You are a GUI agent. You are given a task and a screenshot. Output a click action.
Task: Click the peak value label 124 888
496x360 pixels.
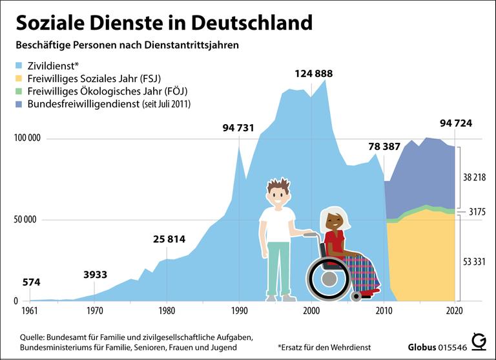[x=314, y=74]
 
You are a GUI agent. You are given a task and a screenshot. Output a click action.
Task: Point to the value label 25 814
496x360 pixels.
[x=169, y=239]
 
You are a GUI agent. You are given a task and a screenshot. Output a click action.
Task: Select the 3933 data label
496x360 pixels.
[x=96, y=275]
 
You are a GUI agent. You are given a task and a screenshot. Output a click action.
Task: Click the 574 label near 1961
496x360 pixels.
[x=32, y=282]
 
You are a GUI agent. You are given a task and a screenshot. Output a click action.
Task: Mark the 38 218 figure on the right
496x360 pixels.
[x=475, y=177]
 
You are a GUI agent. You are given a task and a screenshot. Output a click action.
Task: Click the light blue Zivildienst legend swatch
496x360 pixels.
[x=19, y=65]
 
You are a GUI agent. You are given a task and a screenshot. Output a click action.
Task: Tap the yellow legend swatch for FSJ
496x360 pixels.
[x=19, y=78]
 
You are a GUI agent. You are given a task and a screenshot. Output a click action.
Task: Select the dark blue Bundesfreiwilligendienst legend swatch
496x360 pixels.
[x=19, y=103]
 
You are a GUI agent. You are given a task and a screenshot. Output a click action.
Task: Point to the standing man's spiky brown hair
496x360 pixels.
[x=278, y=186]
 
